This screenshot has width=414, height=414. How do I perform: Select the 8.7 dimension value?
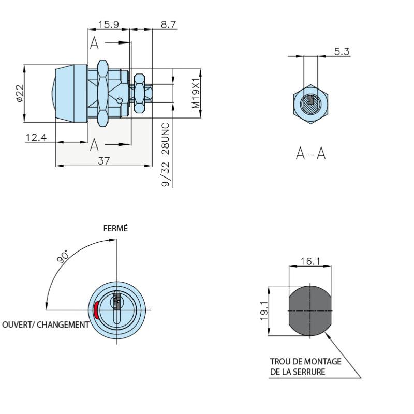coord(168,24)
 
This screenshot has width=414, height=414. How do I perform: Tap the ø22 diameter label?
coord(19,93)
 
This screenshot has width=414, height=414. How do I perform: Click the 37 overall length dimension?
coord(103,161)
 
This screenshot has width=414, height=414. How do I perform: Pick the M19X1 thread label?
coord(195,94)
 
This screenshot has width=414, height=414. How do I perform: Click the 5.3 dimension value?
coord(342,51)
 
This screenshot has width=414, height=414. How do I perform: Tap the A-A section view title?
coord(310,153)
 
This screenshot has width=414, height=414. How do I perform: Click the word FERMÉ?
coord(116,229)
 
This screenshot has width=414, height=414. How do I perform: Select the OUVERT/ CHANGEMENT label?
coord(45,324)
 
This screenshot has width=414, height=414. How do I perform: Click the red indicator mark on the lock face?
coord(96,310)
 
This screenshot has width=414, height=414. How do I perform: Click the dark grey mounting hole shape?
coord(309,310)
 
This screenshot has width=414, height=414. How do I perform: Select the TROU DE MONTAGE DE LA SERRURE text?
coord(305,367)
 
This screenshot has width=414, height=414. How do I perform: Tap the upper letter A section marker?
coord(94,43)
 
